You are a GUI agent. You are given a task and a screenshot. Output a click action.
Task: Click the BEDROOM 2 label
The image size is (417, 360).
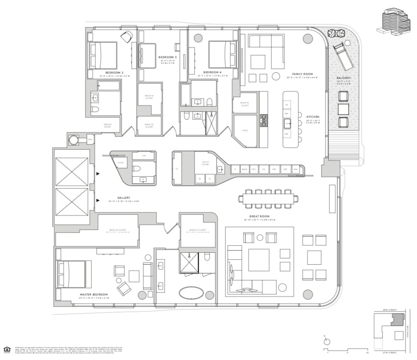click(114, 72)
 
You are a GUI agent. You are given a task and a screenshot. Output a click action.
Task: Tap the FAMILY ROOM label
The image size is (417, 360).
click(302, 74)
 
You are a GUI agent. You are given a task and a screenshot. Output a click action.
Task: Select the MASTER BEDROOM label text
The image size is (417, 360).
click(91, 294)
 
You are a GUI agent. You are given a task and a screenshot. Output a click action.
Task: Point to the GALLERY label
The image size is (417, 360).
click(124, 198)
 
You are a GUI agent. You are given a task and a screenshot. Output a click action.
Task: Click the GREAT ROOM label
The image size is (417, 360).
click(259, 216)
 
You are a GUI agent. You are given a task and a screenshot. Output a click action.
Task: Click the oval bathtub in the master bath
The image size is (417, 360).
click(193, 291)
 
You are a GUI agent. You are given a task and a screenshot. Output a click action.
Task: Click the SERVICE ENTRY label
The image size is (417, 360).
click(107, 125)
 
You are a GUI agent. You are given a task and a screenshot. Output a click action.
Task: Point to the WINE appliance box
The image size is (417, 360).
click(244, 169)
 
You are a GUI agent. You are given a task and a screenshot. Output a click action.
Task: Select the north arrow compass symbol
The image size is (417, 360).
click(327, 341)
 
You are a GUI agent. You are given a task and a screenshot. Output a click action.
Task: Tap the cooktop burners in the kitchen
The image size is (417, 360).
click(264, 120)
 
